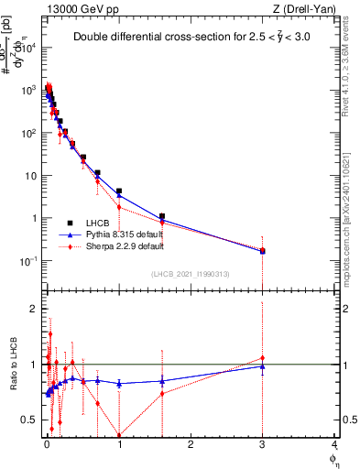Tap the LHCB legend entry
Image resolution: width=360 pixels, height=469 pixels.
(100, 223)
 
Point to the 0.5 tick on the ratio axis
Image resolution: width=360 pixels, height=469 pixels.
(28, 420)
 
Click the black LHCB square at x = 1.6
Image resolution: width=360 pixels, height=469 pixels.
(162, 216)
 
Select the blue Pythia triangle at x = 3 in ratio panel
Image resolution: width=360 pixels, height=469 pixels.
(263, 366)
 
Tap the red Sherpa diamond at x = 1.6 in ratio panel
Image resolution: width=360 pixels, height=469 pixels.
(162, 394)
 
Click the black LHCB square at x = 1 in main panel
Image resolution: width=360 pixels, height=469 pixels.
(119, 191)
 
